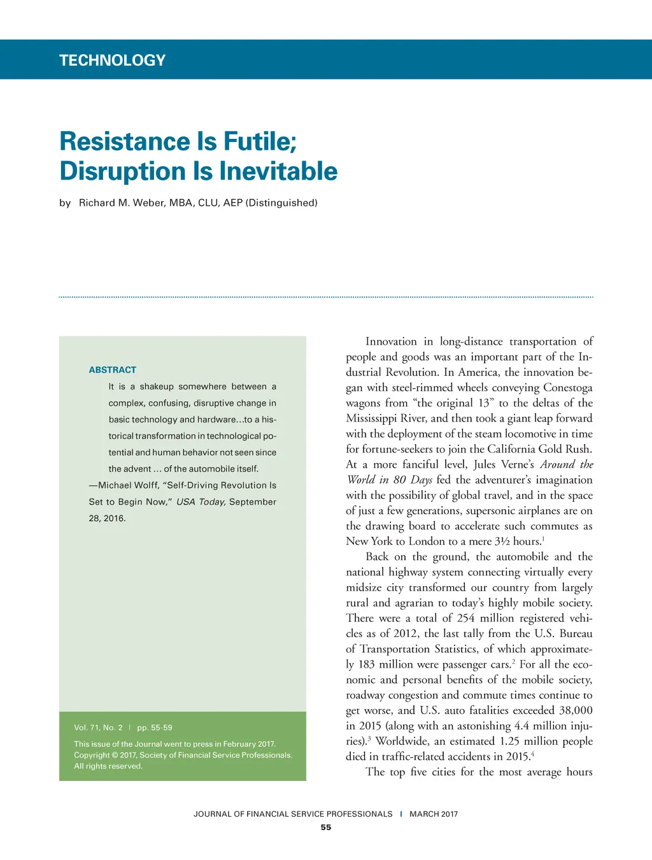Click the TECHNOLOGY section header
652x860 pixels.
pos(112,61)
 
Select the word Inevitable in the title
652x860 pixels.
pos(278,171)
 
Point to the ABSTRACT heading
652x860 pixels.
pos(113,370)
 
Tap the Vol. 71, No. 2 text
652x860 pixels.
pos(98,727)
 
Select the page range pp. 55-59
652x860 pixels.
pos(155,727)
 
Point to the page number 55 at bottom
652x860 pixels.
pos(326,828)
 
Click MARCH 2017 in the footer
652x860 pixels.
pos(434,814)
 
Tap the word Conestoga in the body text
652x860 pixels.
pos(568,388)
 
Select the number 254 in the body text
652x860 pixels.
pos(466,619)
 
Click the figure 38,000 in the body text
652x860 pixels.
pos(576,710)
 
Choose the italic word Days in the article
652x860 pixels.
pos(422,480)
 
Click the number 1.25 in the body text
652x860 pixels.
pos(511,742)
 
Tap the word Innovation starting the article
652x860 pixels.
pos(391,341)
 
